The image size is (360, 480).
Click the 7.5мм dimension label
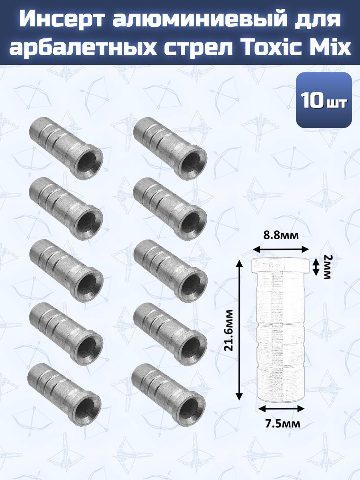(282, 424)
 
